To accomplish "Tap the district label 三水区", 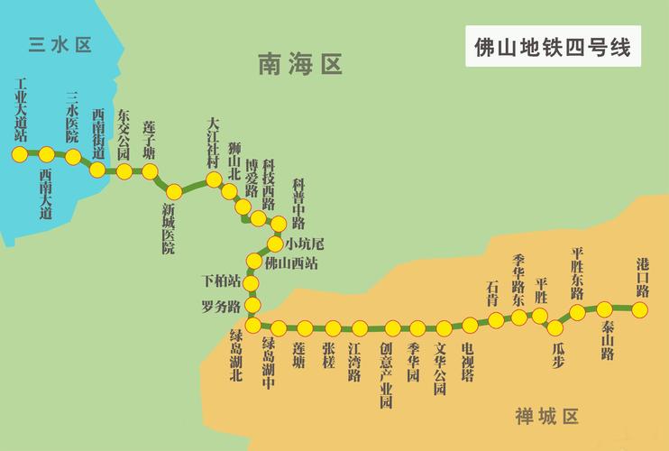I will click(60, 44).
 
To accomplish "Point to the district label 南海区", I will click(300, 64).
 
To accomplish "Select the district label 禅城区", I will click(546, 417).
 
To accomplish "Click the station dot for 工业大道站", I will click(20, 154).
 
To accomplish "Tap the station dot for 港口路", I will click(639, 309).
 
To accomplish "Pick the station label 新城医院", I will click(169, 228).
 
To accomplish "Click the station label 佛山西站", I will click(291, 263).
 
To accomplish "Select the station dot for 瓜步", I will click(554, 328).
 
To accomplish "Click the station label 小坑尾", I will click(305, 244).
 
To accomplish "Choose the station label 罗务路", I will click(221, 306).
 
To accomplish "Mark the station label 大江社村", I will click(213, 143).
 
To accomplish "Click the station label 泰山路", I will click(608, 341).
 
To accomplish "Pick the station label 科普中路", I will click(298, 203).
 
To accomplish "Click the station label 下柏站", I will click(222, 281).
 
